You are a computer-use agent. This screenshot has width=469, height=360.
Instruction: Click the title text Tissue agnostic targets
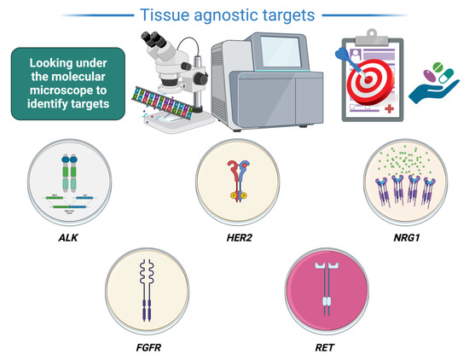point(234,15)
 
